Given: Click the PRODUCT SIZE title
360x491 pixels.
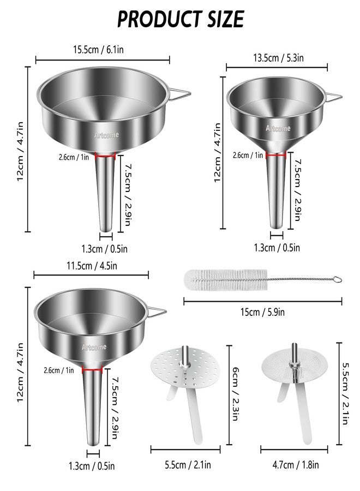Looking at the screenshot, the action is tap(181, 19).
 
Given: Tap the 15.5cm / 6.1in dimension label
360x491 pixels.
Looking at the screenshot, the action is tap(98, 50).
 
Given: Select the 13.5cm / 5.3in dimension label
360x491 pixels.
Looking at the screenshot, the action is tap(278, 58).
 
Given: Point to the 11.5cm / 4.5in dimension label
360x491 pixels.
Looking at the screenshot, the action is tap(92, 266).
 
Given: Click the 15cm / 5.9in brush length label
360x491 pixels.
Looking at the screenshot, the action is tap(262, 312).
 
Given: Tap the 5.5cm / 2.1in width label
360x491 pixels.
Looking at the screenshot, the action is tap(188, 465).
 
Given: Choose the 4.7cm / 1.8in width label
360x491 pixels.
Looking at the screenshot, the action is tap(296, 465).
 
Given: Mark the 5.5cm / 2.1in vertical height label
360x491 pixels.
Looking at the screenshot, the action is tap(345, 393).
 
